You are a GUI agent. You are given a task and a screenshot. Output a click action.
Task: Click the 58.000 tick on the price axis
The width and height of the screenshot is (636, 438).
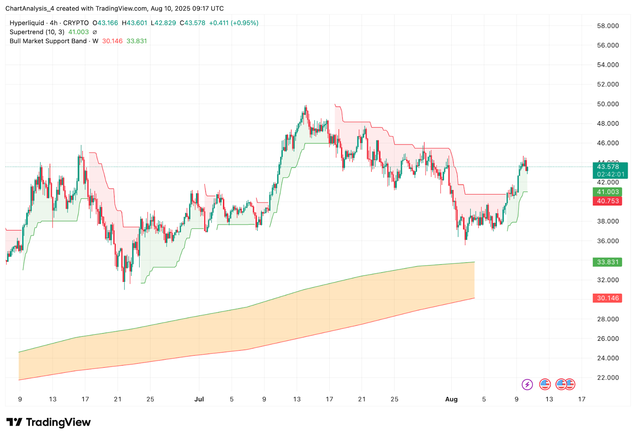[608, 26]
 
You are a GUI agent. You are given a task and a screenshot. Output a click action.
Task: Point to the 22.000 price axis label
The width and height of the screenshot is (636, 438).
[608, 378]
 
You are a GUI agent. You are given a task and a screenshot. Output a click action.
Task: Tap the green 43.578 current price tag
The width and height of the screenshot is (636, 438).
[608, 167]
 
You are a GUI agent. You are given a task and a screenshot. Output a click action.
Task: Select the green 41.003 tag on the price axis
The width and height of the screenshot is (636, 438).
[607, 192]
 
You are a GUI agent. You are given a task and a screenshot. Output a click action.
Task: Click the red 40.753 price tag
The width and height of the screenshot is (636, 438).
[607, 201]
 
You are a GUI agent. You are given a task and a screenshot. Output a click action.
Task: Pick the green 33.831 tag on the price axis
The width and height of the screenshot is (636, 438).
[607, 262]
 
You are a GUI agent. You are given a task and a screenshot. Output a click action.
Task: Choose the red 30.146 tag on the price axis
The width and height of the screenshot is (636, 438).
[607, 298]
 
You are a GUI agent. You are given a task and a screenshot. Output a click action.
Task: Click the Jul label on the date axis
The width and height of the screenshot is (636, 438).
[199, 399]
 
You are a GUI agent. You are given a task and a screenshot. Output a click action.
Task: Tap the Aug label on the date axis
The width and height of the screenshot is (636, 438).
[451, 399]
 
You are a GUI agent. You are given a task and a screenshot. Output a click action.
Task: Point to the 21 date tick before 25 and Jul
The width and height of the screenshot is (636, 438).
[118, 399]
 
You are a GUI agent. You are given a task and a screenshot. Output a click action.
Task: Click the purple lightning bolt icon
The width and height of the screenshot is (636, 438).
[527, 384]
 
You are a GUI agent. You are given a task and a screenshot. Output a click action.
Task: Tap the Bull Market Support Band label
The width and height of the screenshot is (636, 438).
[48, 41]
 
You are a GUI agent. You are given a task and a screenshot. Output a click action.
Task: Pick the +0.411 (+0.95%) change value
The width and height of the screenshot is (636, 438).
[234, 23]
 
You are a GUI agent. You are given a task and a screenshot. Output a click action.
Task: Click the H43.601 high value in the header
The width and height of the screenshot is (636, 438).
[134, 23]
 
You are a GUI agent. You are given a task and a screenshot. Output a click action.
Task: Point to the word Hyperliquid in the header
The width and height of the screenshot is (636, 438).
[27, 23]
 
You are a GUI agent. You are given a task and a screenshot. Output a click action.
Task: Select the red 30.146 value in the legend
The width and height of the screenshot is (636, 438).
[112, 41]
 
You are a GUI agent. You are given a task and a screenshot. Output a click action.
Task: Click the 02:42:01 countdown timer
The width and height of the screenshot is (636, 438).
[611, 174]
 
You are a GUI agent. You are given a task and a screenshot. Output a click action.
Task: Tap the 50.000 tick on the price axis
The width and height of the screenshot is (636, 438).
[608, 104]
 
